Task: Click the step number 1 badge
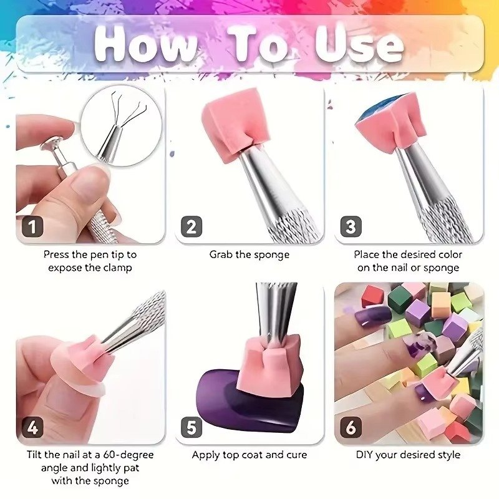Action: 32,226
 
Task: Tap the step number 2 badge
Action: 191,226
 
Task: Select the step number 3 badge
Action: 351,226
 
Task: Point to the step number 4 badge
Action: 32,427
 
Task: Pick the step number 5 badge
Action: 191,427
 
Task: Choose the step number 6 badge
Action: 351,427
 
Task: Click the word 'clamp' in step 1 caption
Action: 115,268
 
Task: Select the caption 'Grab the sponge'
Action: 249,255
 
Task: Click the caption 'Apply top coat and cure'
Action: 249,455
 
